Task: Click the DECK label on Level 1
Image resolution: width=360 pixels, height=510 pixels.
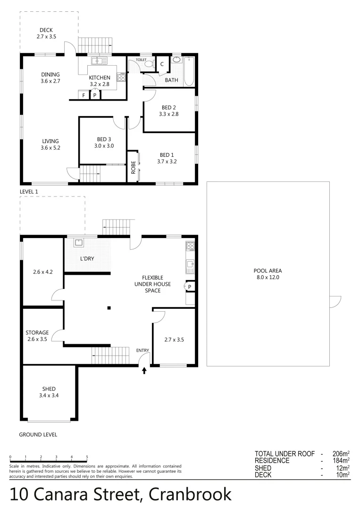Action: (x=46, y=30)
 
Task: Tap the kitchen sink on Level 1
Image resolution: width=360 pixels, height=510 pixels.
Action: (x=99, y=60)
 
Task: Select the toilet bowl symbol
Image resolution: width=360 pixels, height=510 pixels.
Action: (x=149, y=63)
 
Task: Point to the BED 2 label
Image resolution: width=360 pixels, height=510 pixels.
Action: (x=168, y=108)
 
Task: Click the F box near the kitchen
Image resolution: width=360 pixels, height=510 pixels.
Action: (x=84, y=95)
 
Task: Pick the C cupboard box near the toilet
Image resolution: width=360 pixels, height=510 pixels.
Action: (x=162, y=64)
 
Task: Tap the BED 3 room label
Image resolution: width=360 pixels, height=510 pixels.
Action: (x=105, y=139)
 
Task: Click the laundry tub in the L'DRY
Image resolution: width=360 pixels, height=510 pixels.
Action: (x=78, y=244)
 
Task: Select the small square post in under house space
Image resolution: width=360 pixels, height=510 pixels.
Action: (x=109, y=308)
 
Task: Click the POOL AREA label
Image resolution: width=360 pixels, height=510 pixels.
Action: (x=268, y=271)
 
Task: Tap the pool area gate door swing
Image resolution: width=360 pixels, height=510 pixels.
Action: (x=335, y=301)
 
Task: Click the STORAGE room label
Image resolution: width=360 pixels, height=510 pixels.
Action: (x=37, y=332)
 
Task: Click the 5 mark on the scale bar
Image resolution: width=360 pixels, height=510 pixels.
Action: (x=87, y=457)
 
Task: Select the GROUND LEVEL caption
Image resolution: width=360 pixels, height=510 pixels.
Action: (x=38, y=434)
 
